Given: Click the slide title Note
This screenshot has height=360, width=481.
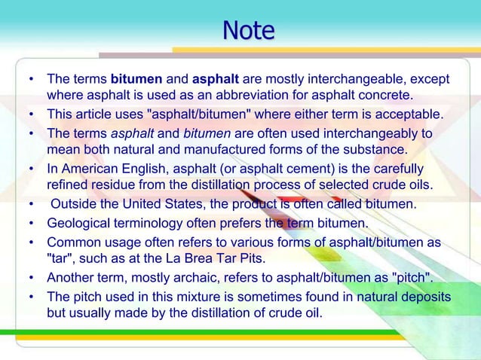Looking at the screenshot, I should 248,31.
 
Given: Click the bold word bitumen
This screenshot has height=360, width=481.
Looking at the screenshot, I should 135,79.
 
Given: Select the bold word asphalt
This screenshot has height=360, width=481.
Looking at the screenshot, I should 216,79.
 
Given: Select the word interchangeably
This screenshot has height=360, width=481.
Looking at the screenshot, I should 359,133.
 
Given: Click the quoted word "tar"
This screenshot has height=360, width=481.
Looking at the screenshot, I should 60,259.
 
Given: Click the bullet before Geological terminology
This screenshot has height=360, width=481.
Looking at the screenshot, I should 31,223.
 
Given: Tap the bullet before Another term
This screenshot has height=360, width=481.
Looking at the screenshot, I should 31,277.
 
